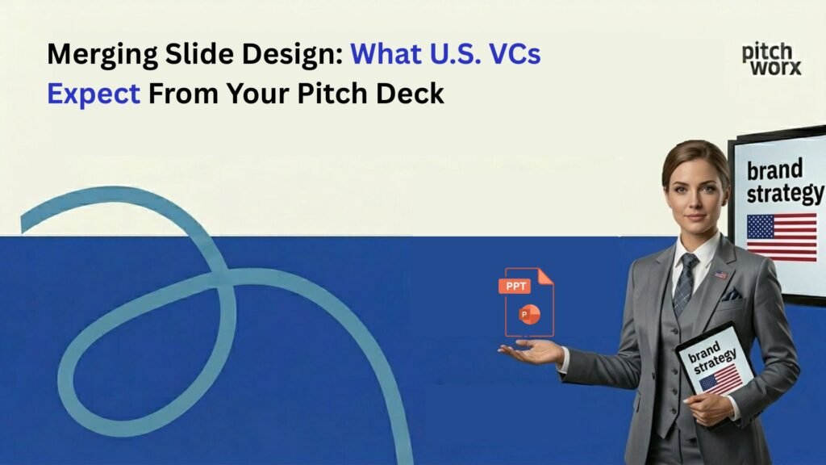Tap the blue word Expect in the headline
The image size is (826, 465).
[x=94, y=94]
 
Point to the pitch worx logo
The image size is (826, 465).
[x=771, y=59]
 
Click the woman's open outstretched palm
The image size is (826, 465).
[x=528, y=351]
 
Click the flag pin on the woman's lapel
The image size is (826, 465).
[x=720, y=274]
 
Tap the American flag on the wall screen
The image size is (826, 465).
[x=781, y=237]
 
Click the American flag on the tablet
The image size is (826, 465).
[x=720, y=379]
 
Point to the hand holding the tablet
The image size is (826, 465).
[x=707, y=408]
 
